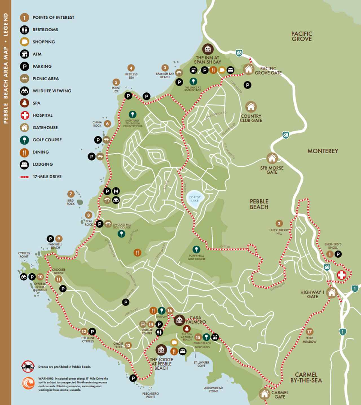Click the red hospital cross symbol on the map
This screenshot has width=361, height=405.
point(342,275)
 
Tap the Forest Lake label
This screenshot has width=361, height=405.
point(195,199)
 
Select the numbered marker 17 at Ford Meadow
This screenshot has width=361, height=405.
point(309,332)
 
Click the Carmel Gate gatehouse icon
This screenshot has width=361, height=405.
point(265,394)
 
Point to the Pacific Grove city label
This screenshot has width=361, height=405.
point(301,36)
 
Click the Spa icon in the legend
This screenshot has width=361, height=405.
point(25,103)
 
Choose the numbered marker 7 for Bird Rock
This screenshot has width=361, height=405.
point(71,194)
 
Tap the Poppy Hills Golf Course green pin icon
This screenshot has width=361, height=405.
point(196,249)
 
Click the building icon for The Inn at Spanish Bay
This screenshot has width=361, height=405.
point(208,49)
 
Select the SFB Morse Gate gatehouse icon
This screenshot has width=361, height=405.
point(272,158)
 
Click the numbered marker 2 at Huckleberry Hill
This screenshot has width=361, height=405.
point(279,224)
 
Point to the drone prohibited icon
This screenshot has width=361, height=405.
point(28,367)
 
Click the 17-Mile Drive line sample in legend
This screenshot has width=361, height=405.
point(25,177)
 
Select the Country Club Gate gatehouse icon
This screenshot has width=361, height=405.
point(251,107)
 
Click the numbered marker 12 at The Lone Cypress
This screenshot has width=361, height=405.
point(84,332)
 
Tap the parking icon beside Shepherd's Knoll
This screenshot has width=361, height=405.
point(338,254)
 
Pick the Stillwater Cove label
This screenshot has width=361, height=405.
point(201,364)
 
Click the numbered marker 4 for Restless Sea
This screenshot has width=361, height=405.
point(131,68)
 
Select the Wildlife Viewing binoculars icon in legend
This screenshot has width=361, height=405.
point(25,91)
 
